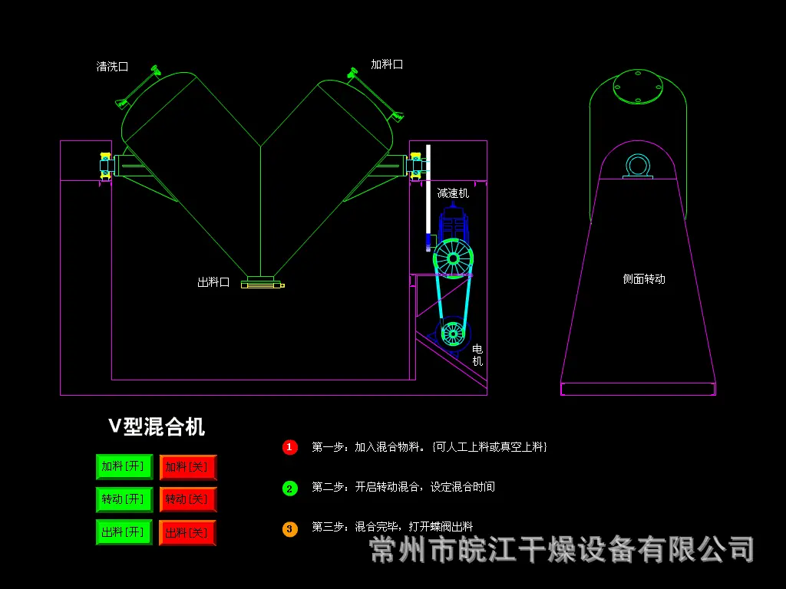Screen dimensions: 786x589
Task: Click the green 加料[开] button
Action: pyautogui.click(x=124, y=467)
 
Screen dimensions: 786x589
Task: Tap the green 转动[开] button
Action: pyautogui.click(x=124, y=499)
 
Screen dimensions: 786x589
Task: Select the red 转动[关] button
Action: pyautogui.click(x=188, y=499)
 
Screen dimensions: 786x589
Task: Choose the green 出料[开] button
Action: pyautogui.click(x=124, y=532)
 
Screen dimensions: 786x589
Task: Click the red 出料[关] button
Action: pyautogui.click(x=188, y=532)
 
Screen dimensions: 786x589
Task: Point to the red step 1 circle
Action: pyautogui.click(x=289, y=447)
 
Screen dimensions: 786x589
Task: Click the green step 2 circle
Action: pyautogui.click(x=289, y=489)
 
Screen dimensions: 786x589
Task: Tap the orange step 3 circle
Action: pyautogui.click(x=289, y=529)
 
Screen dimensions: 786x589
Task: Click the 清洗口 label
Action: pyautogui.click(x=112, y=67)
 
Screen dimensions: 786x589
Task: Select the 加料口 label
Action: pyautogui.click(x=387, y=64)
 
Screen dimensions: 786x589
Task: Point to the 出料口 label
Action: pyautogui.click(x=213, y=282)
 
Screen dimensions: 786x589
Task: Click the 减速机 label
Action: pyautogui.click(x=453, y=192)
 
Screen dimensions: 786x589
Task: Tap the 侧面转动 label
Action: pyautogui.click(x=644, y=279)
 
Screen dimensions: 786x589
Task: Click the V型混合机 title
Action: pyautogui.click(x=157, y=426)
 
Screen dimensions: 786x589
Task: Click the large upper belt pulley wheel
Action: pyautogui.click(x=453, y=258)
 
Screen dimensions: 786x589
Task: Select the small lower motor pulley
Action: pyautogui.click(x=453, y=333)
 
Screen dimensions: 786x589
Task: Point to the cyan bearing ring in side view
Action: pyautogui.click(x=638, y=166)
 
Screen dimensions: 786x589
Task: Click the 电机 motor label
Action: pyautogui.click(x=477, y=354)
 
